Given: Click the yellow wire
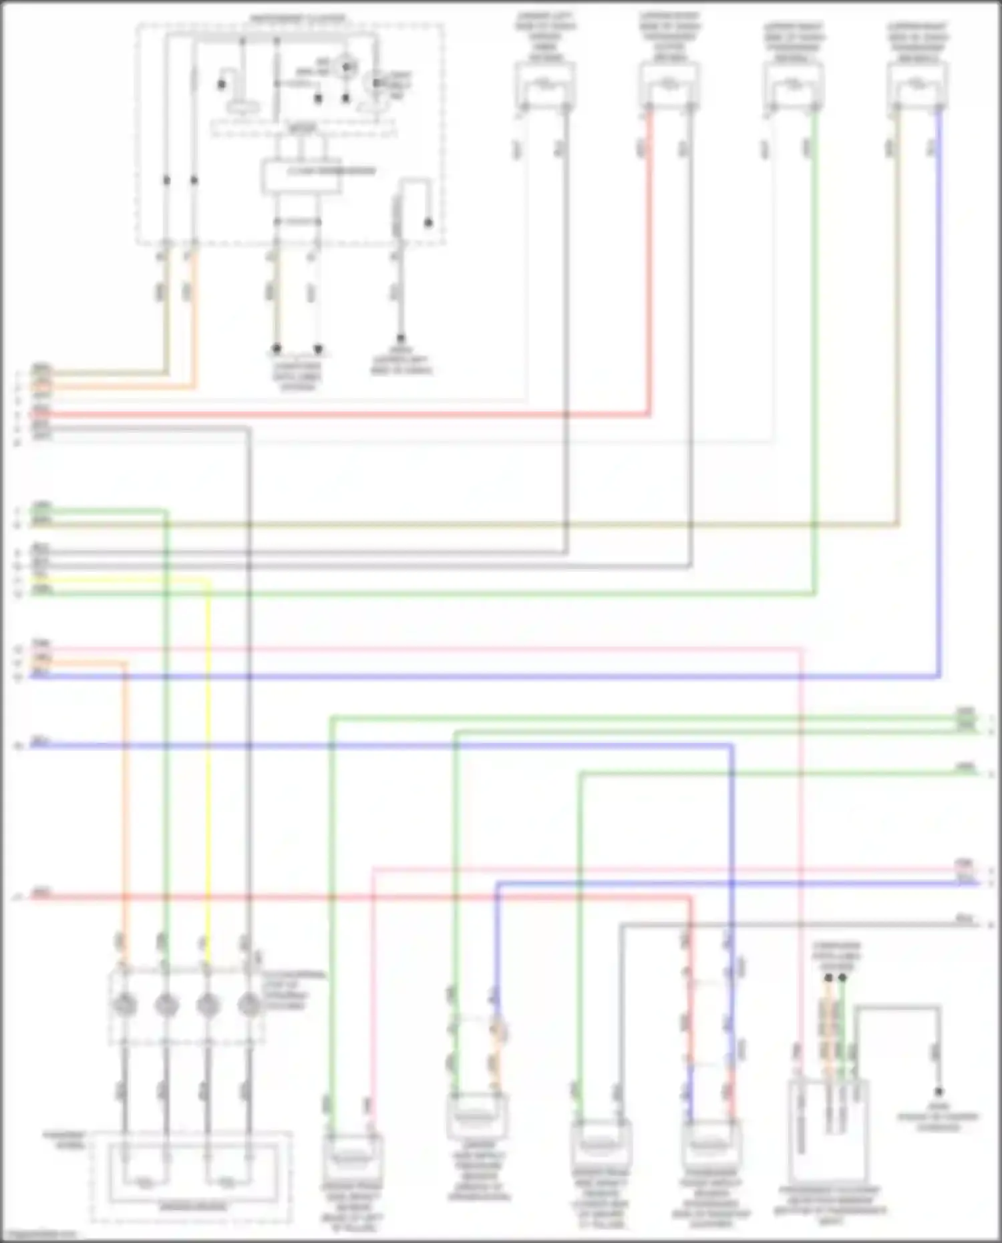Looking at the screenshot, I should click(208, 735).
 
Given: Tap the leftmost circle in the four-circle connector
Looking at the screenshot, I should click(125, 1004).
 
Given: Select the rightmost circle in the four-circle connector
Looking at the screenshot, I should click(248, 1004).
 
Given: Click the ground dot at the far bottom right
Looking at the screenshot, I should click(939, 1092).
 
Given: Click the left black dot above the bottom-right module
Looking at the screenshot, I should click(828, 978).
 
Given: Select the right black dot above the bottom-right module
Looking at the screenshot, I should click(842, 978).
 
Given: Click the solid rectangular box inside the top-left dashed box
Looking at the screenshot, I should click(302, 176).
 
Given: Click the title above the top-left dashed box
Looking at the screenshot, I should click(298, 18).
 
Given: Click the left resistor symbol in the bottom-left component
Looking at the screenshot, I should click(145, 1183).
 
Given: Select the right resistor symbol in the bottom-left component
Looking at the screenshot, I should click(227, 1183).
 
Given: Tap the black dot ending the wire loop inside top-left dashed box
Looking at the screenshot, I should click(428, 222).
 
